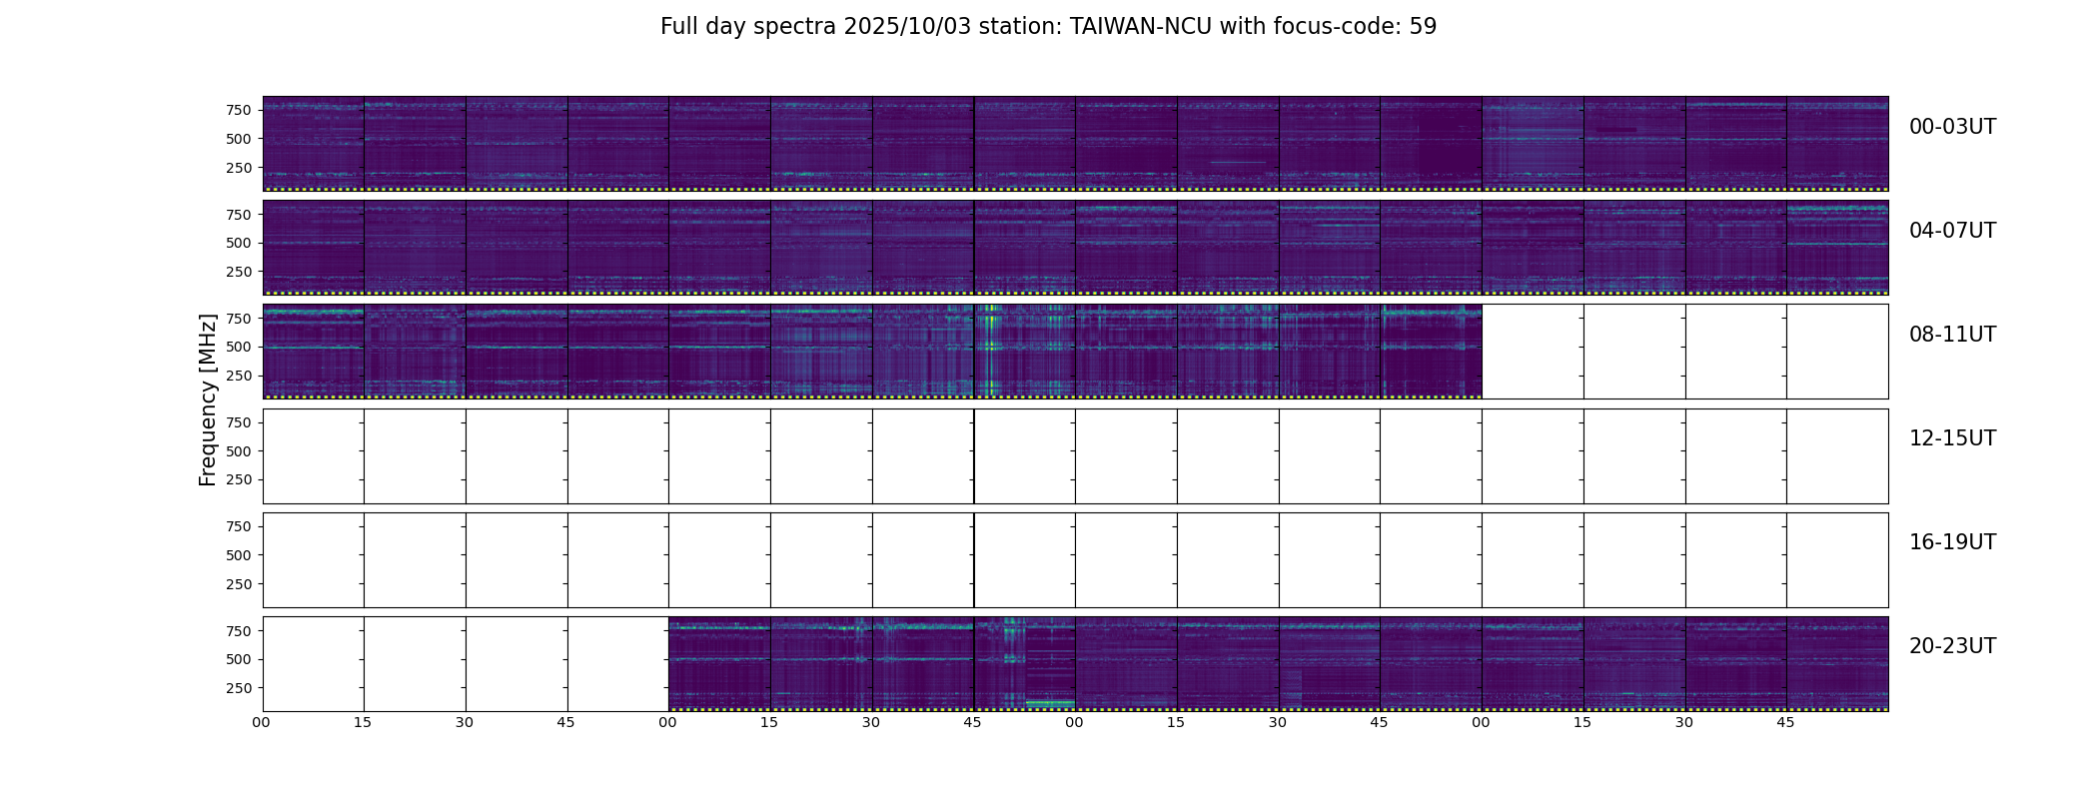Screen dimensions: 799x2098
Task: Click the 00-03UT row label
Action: (x=1952, y=127)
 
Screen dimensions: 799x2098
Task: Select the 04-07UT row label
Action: (x=1952, y=231)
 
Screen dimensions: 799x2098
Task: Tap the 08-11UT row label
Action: (x=1952, y=335)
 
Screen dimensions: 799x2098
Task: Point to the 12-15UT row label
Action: (x=1952, y=438)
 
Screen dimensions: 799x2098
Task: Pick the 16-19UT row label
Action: (x=1952, y=542)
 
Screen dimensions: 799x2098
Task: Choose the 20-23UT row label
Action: (x=1952, y=646)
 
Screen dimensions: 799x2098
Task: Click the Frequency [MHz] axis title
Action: (x=208, y=399)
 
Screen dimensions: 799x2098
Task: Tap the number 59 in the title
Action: (x=1423, y=27)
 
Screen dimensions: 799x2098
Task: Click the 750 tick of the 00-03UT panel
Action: (x=239, y=110)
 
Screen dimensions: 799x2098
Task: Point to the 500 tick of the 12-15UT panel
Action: (x=239, y=451)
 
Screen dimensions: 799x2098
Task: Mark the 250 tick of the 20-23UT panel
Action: (x=239, y=688)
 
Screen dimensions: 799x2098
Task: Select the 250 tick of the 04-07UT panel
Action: (x=239, y=272)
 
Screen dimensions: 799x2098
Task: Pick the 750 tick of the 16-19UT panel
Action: (x=239, y=526)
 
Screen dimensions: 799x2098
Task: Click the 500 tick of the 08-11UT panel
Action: (x=239, y=347)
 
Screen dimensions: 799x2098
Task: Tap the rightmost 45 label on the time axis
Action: (x=1785, y=722)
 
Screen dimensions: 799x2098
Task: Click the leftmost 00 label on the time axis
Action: (x=262, y=722)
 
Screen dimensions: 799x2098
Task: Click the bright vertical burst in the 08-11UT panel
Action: (x=989, y=350)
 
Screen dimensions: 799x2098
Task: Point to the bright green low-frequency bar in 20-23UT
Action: (x=1049, y=703)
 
